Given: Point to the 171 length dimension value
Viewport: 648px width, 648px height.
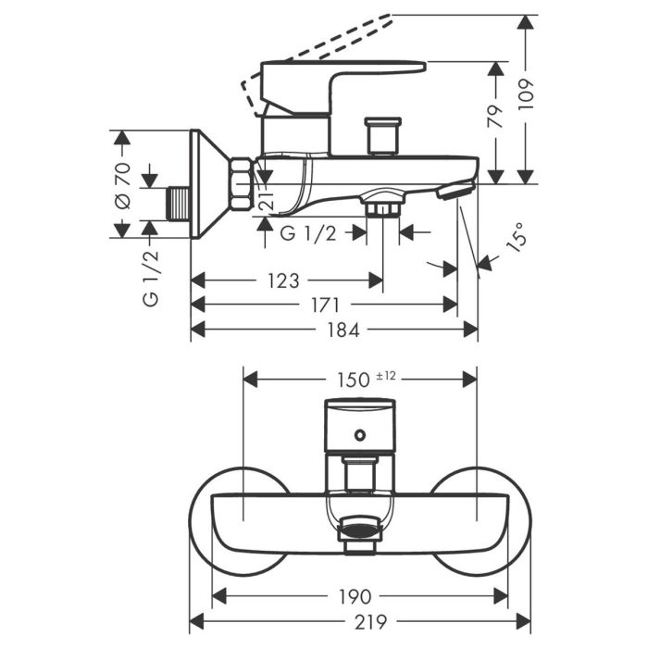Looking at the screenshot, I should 324,305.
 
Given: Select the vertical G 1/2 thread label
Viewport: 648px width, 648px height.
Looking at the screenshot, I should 151,278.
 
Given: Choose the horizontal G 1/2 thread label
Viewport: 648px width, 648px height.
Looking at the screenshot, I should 308,234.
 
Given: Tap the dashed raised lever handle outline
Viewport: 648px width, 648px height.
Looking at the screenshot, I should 315,51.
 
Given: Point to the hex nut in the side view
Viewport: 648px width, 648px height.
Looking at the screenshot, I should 242,184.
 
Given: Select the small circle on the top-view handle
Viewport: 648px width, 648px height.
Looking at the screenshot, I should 360,434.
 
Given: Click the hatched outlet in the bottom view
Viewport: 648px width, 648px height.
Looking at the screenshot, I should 359,531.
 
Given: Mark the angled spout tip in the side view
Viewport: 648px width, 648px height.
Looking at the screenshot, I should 455,192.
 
